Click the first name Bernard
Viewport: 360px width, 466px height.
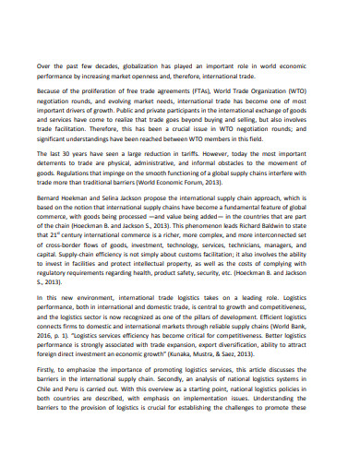pyautogui.click(x=52, y=224)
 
